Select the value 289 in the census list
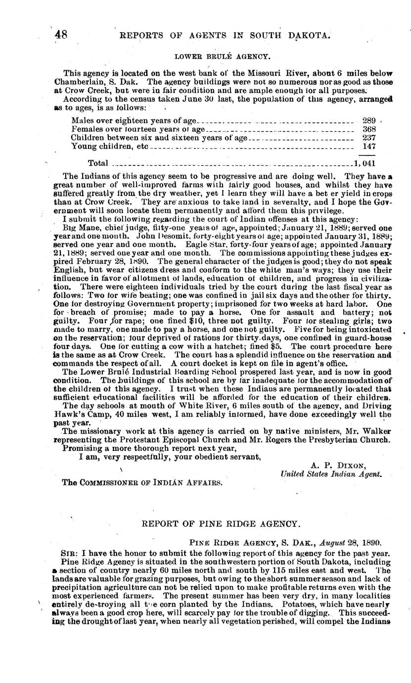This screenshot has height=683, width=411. coord(369,120)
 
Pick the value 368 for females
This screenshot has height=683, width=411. coord(369,129)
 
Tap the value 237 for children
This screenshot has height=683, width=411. coord(369,138)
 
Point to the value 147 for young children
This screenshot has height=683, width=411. coord(369,146)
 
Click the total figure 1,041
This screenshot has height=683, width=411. coord(365,163)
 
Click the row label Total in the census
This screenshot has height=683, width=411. coord(98,163)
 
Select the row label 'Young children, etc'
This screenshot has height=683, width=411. coord(109,146)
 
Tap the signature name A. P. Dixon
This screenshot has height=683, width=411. coord(338,465)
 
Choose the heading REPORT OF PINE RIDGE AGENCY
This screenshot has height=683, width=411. coord(221,523)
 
